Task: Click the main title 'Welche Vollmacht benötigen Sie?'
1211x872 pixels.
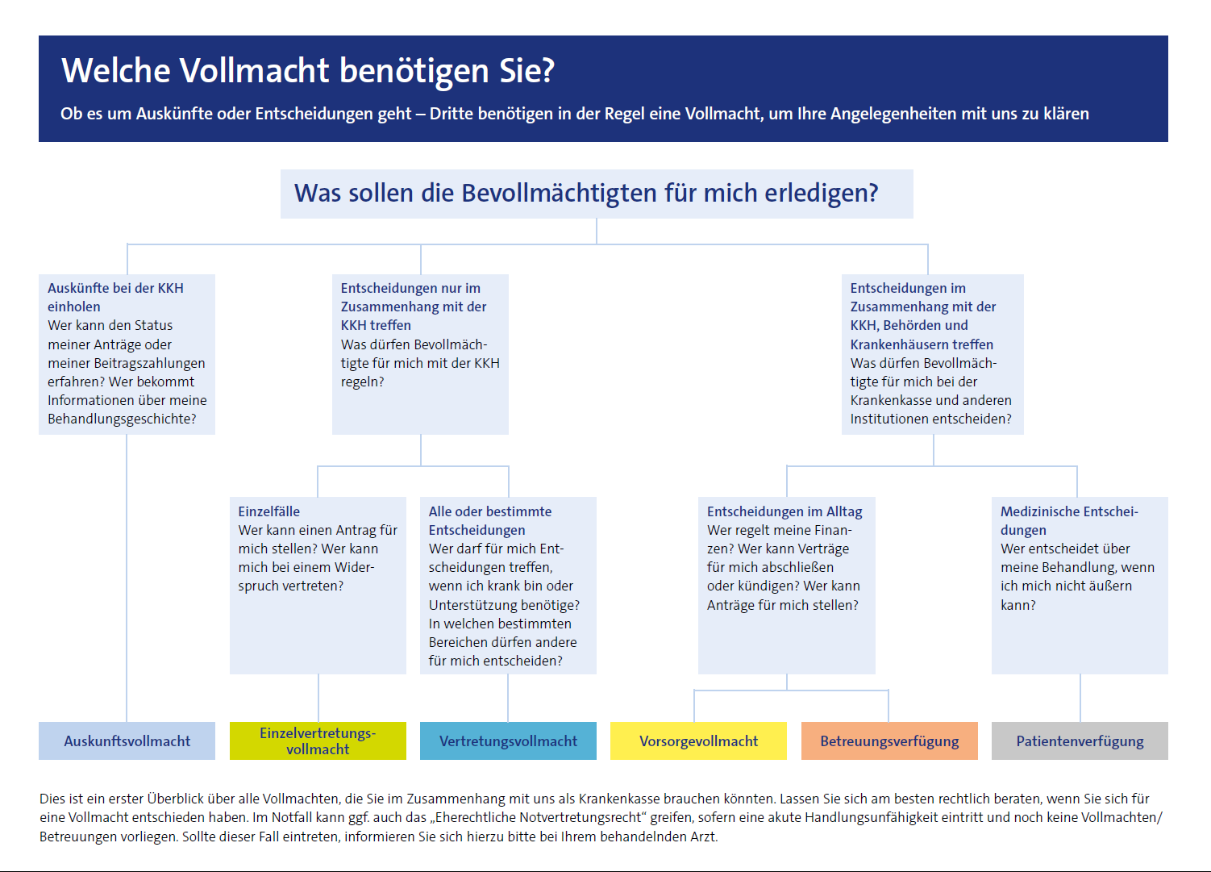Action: tap(308, 71)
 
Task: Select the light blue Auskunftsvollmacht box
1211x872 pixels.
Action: tap(127, 741)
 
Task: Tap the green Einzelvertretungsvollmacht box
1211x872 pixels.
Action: tap(318, 741)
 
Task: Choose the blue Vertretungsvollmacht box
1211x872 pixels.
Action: tap(508, 741)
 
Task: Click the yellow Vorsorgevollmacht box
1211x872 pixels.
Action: tap(698, 741)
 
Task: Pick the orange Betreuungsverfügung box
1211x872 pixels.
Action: tap(889, 741)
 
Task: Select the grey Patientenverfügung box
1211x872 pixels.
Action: tap(1080, 741)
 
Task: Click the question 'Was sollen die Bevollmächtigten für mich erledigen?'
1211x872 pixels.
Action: tap(586, 194)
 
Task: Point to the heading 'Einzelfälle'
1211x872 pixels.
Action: tap(269, 511)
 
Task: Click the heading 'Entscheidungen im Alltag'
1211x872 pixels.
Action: tap(784, 511)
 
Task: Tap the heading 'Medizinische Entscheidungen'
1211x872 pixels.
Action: tap(1068, 520)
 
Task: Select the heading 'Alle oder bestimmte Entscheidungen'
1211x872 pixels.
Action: tap(489, 520)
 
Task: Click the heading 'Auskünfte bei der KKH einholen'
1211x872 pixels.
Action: tap(115, 297)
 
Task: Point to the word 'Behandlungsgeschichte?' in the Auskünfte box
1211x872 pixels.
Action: tap(122, 419)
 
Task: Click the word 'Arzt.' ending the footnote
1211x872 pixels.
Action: tap(703, 837)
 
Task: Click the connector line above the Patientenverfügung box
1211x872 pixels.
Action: tap(1080, 698)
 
